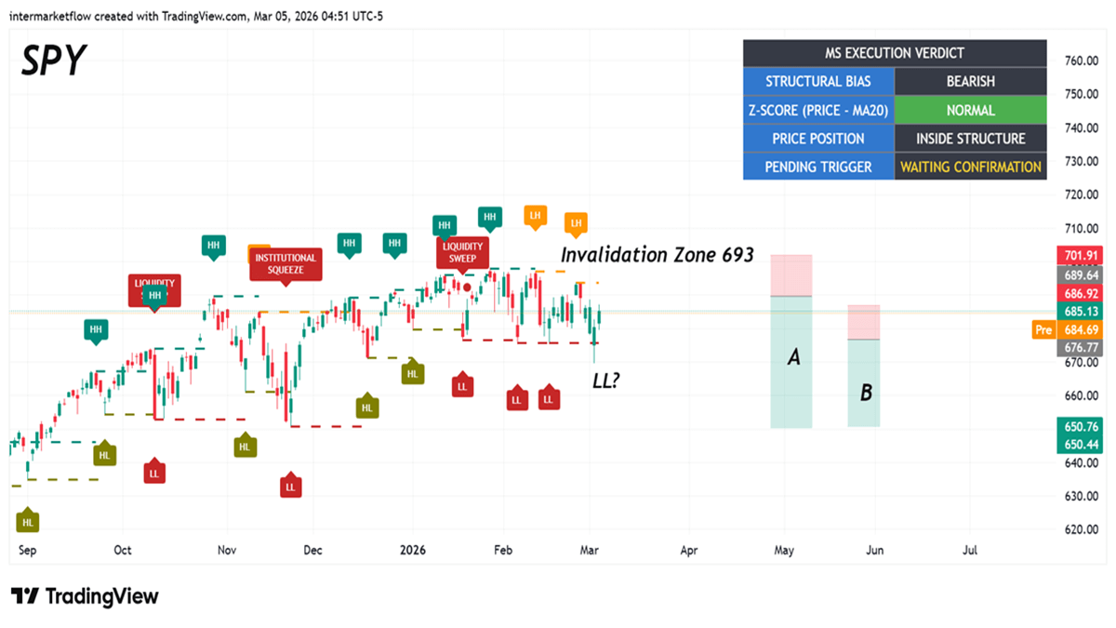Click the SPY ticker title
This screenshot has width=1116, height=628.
point(53,60)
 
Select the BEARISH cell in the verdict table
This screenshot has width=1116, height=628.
point(970,82)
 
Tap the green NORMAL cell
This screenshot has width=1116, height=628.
point(970,110)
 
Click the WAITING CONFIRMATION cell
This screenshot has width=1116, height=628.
point(970,167)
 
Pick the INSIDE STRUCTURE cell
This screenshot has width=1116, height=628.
point(970,139)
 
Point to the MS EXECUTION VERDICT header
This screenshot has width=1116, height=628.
point(895,53)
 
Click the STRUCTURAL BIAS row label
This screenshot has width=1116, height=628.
point(818,82)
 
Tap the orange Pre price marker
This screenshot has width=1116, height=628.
point(1043,329)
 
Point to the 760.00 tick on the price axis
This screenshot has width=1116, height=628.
point(1083,60)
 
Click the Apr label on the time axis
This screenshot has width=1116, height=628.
point(689,550)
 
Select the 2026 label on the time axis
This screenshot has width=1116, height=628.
point(412,550)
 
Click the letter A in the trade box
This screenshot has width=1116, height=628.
point(793,356)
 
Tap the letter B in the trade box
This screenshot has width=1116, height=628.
point(865,393)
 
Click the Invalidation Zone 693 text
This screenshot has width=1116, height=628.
point(657,254)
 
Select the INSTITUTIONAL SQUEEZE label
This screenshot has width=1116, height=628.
point(286,264)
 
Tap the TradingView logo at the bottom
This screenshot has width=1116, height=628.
point(85,596)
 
